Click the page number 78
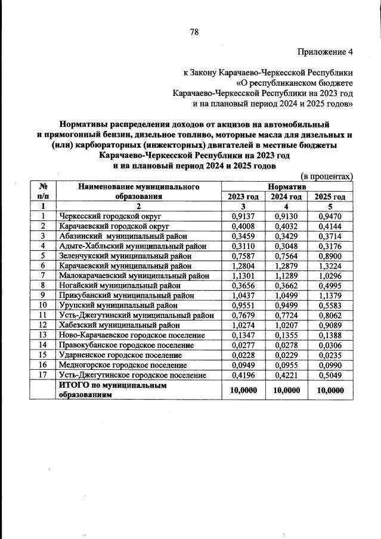coord(194,32)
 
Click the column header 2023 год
coord(243,197)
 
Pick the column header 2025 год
coord(330,197)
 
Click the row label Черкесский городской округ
coord(110,216)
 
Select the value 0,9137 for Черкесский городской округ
coord(243,216)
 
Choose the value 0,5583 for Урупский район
coord(330,305)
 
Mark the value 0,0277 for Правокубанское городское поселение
coord(243,345)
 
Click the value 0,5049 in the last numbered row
coord(330,375)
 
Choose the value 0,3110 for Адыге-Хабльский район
coord(243,246)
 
